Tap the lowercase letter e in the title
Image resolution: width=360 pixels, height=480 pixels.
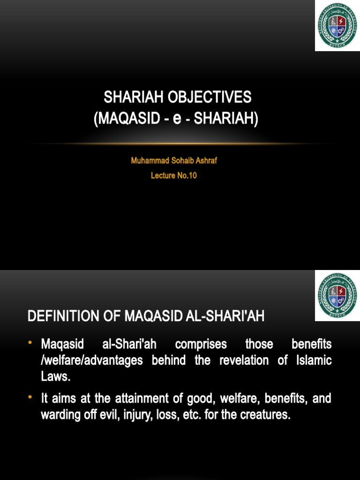pyautogui.click(x=177, y=119)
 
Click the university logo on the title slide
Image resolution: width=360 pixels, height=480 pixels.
pyautogui.click(x=337, y=26)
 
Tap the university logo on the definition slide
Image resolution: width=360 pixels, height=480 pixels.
pyautogui.click(x=337, y=295)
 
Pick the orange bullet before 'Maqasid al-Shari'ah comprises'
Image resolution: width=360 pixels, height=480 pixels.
pyautogui.click(x=31, y=344)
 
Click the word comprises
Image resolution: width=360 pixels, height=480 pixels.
pyautogui.click(x=201, y=345)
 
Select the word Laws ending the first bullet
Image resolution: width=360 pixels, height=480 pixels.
pyautogui.click(x=55, y=376)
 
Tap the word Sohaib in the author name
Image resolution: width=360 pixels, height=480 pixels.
pyautogui.click(x=180, y=161)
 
